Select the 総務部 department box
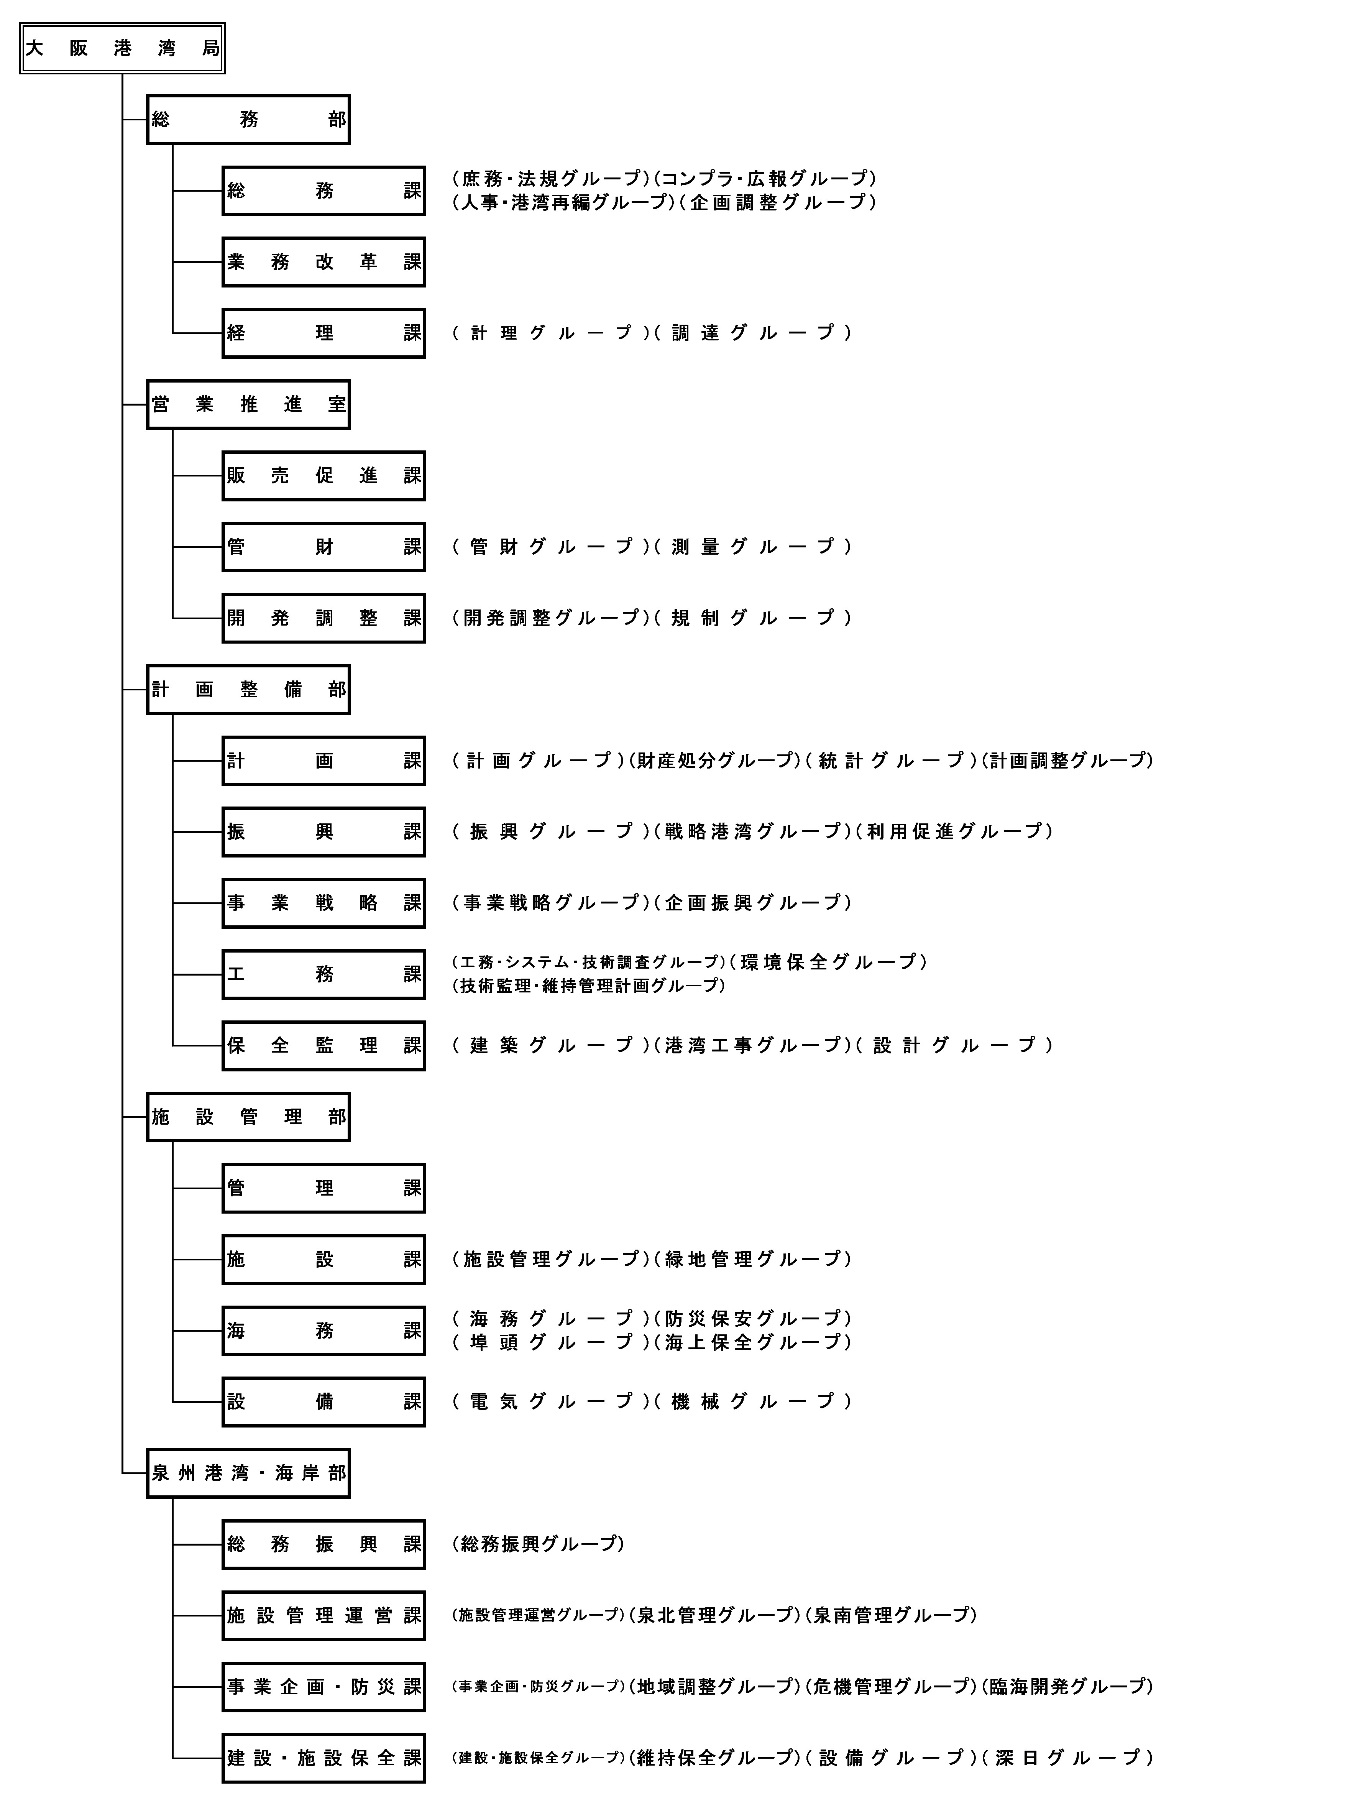pyautogui.click(x=248, y=119)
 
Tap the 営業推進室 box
pyautogui.click(x=248, y=404)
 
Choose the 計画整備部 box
pyautogui.click(x=248, y=690)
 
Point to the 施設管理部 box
pyautogui.click(x=248, y=1117)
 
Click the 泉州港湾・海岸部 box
pyautogui.click(x=248, y=1473)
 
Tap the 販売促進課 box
pyautogui.click(x=324, y=475)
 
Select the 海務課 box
pyautogui.click(x=324, y=1331)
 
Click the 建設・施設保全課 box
pyautogui.click(x=324, y=1758)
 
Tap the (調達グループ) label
pyautogui.click(x=753, y=332)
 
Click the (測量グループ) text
pyautogui.click(x=753, y=547)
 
